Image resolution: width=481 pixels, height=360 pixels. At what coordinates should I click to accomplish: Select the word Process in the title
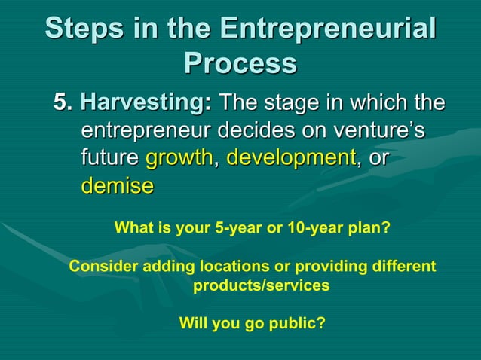[x=240, y=63]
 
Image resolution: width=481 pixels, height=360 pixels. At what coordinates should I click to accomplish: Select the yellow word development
[x=291, y=158]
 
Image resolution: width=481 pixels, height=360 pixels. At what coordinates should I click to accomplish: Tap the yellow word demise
[x=117, y=186]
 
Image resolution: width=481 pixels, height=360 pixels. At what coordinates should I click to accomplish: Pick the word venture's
[x=377, y=130]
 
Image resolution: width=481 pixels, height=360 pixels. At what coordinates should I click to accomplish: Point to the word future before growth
[x=109, y=158]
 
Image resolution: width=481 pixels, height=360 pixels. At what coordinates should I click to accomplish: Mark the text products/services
[x=261, y=286]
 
